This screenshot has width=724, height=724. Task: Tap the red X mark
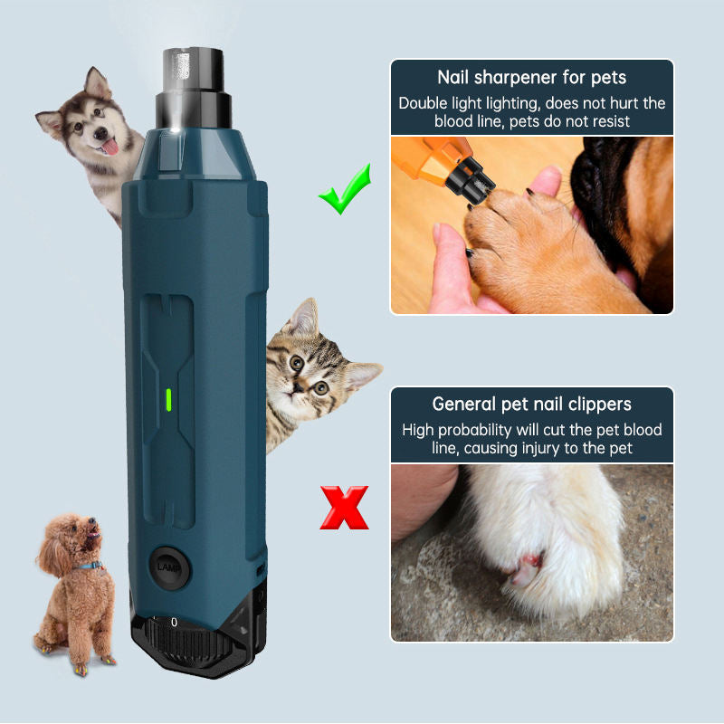tap(345, 508)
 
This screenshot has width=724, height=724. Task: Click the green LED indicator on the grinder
tap(169, 400)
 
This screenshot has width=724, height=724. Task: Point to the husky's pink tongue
tap(110, 147)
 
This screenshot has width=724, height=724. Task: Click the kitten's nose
tap(299, 387)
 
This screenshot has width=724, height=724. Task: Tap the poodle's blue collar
tap(90, 566)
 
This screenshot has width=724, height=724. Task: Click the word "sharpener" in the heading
tap(512, 78)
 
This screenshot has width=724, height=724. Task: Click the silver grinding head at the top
tap(193, 70)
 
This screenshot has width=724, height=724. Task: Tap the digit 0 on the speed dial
tap(174, 622)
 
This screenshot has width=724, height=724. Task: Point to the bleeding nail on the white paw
tap(527, 570)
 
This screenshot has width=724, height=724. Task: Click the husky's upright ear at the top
tap(96, 83)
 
